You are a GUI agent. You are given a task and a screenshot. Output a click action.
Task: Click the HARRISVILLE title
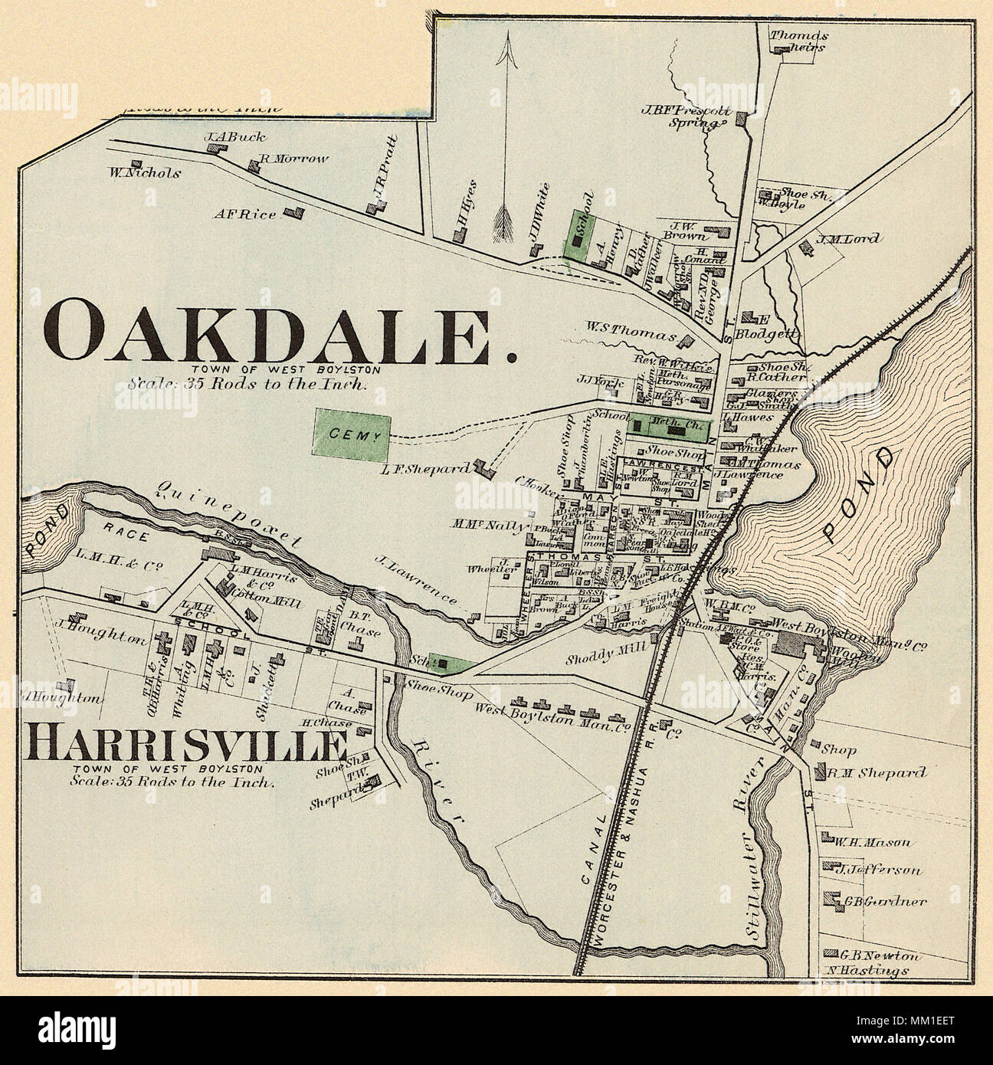[x=185, y=745]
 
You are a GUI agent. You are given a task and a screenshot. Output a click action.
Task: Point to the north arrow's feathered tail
[x=504, y=222]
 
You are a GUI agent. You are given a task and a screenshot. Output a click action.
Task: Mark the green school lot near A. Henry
[x=578, y=238]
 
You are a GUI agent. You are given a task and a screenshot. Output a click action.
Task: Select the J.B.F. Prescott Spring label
[x=686, y=114]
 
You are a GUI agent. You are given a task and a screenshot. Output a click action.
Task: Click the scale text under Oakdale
[x=247, y=384]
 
